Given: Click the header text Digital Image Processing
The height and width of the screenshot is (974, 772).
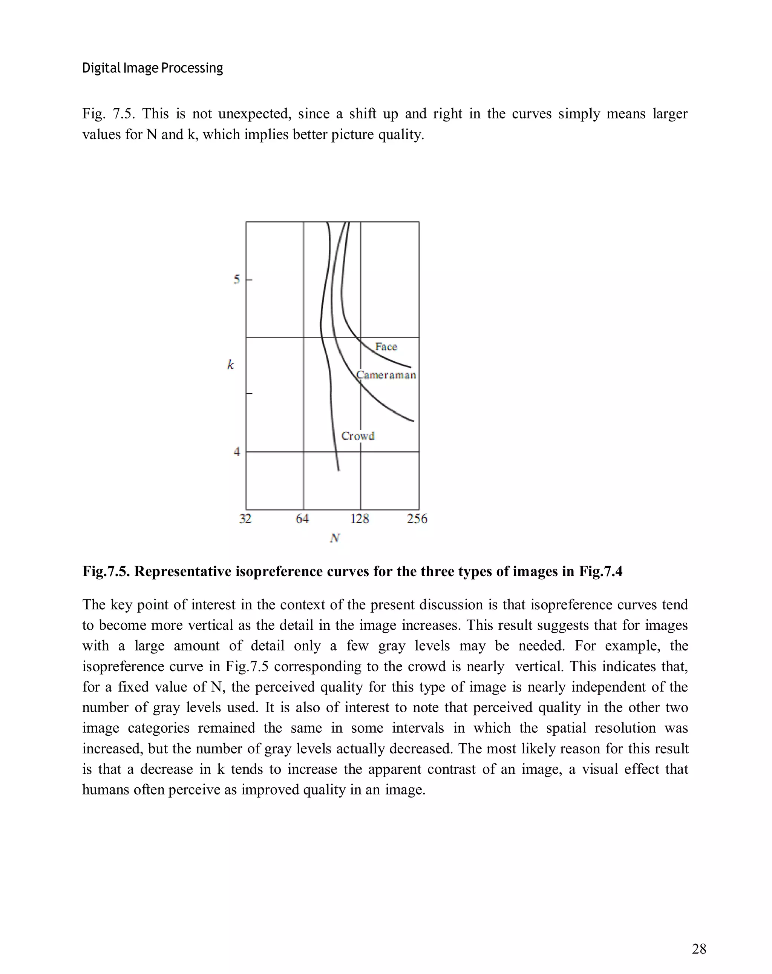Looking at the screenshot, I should [x=152, y=68].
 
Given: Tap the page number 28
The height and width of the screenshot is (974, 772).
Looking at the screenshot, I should [x=698, y=949].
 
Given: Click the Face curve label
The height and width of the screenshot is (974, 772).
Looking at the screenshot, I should [x=386, y=347].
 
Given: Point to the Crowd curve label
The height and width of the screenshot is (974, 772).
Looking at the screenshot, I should [x=358, y=436].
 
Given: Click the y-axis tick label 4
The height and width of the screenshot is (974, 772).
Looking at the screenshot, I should [x=236, y=451].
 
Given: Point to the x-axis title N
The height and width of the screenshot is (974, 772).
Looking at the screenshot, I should [x=334, y=538].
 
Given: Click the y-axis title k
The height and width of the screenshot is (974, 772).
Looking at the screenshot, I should [x=230, y=365].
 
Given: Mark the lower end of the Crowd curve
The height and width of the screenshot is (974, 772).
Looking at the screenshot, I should [x=339, y=470].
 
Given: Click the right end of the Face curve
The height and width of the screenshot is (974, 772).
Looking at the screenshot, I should [x=410, y=367].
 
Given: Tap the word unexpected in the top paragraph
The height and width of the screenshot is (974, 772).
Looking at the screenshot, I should [x=254, y=114].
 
